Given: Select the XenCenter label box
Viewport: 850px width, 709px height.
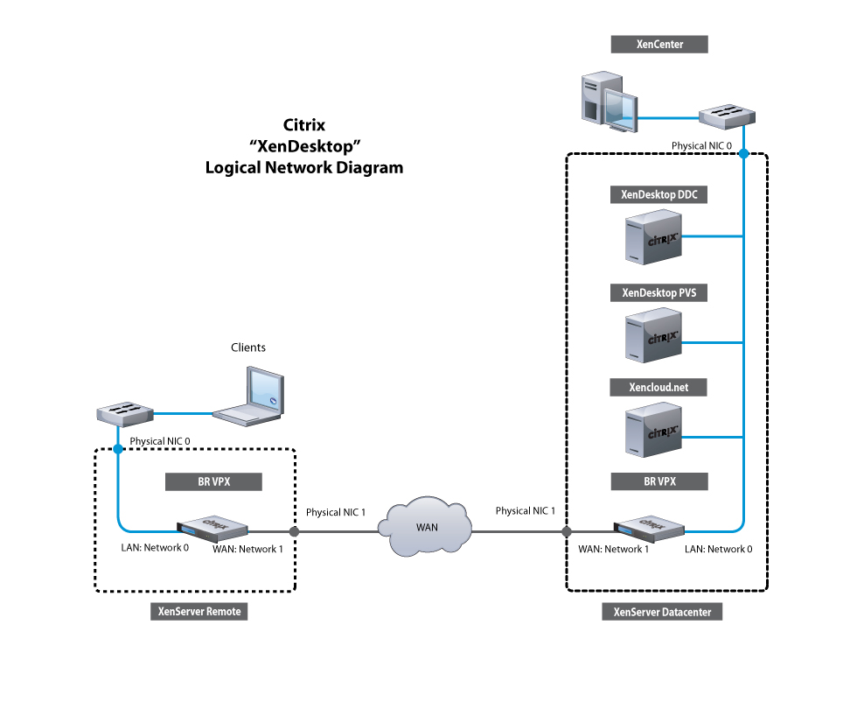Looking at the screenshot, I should pos(658,44).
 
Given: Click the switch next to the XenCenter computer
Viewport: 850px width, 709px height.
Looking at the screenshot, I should pos(727,115).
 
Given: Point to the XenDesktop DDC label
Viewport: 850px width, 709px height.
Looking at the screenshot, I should pos(658,195).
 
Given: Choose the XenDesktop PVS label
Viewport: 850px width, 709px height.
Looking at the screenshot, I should pos(658,293).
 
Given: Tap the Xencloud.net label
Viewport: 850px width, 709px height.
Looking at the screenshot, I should pos(658,387).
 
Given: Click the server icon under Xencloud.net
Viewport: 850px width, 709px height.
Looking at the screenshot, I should pos(652,428).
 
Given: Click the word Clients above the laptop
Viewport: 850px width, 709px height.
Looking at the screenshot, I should pos(248,347).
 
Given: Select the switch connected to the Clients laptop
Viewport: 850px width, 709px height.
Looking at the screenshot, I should pos(124,413).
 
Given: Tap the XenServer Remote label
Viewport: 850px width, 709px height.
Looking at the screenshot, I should pos(199,612).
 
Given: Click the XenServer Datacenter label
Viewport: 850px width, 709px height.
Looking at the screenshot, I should pos(662,613).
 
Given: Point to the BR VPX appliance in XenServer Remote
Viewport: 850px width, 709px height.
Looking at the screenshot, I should pos(212,529).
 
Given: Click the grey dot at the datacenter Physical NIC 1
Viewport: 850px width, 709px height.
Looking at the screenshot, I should pos(567,531).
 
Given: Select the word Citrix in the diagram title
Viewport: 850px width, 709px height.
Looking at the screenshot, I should pos(304,125).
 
